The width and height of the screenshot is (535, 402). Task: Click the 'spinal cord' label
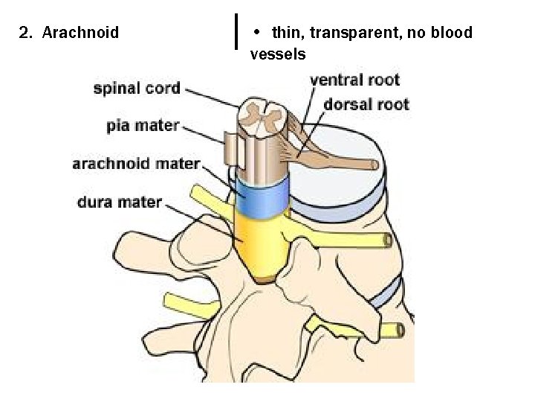137,88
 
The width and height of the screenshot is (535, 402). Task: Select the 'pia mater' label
143,124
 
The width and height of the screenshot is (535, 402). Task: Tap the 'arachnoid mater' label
136,163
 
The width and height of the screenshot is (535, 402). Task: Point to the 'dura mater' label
120,201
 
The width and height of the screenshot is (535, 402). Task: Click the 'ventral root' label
354,80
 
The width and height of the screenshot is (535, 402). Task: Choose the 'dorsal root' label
366,104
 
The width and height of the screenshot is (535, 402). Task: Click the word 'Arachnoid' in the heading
81,33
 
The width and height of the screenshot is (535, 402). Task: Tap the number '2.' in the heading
27,33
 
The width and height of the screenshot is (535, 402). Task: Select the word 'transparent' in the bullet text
347,33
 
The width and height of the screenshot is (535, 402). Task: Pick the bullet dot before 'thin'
256,32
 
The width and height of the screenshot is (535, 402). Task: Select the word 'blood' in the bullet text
450,33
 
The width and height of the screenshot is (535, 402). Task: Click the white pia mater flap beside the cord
233,150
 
